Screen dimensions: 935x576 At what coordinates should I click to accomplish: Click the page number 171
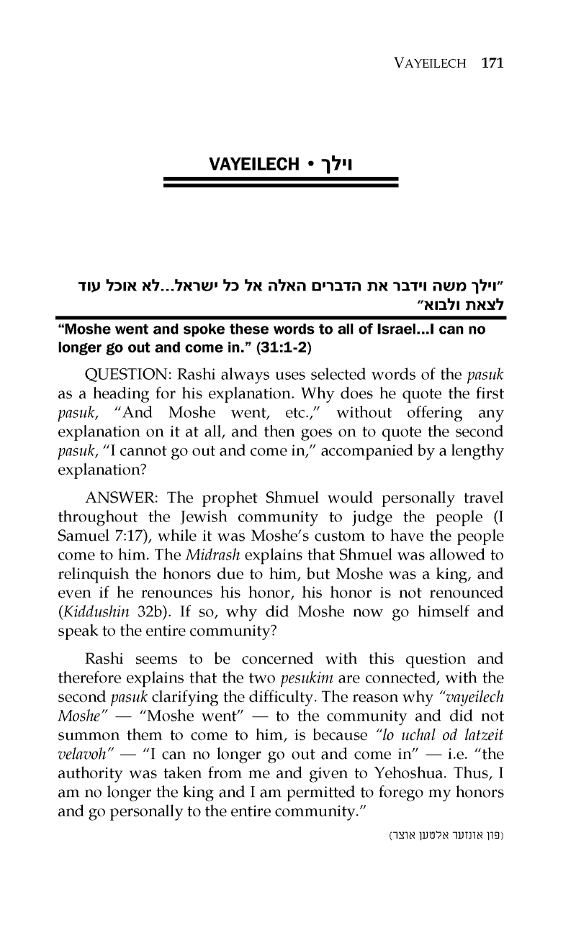coord(491,63)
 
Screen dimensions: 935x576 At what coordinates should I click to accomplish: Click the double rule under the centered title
coord(282,183)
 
